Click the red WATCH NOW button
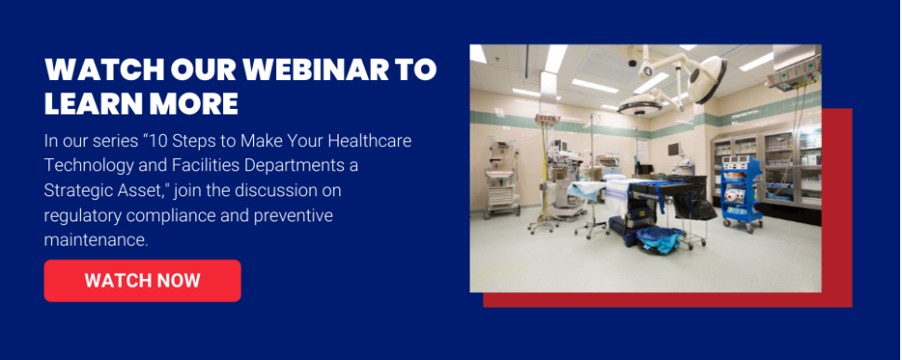pyautogui.click(x=142, y=281)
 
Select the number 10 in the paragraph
pyautogui.click(x=227, y=140)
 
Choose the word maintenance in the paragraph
pyautogui.click(x=96, y=240)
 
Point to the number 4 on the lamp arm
pyautogui.click(x=648, y=72)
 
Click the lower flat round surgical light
pyautogui.click(x=641, y=105)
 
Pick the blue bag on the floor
pyautogui.click(x=660, y=239)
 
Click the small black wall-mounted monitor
pyautogui.click(x=674, y=150)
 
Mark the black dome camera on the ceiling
pyautogui.click(x=632, y=62)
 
